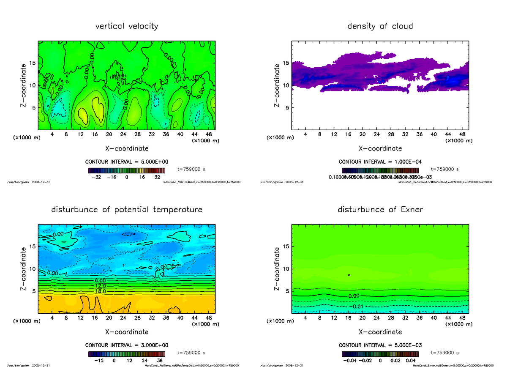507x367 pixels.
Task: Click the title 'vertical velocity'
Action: (127, 26)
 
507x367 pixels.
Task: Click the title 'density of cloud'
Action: (380, 26)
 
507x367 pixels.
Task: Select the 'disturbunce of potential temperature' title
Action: (127, 210)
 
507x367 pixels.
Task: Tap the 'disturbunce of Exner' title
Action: (380, 210)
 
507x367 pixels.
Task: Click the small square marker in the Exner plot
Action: (349, 275)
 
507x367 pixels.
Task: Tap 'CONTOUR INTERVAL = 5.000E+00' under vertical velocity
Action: (126, 162)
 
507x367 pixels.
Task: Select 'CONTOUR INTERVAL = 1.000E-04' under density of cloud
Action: (380, 162)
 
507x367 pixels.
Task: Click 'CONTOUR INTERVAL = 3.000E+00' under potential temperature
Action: (126, 345)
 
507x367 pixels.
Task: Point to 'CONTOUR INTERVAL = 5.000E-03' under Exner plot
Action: (380, 345)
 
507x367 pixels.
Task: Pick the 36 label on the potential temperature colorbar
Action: (161, 361)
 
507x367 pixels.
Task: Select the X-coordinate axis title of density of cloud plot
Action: (380, 148)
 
